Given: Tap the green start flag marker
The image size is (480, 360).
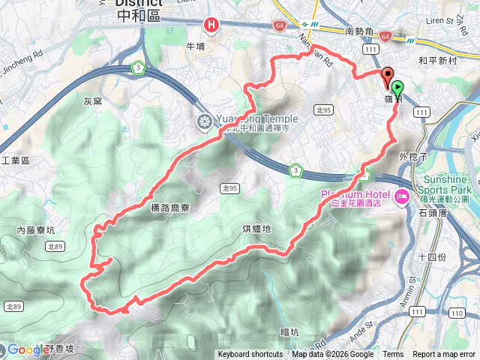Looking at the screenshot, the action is (x=397, y=88).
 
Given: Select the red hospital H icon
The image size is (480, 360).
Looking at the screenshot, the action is (x=212, y=25).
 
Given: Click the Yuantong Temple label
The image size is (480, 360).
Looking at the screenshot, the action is (x=256, y=118).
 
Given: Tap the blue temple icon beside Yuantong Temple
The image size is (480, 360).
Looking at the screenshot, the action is (x=204, y=121).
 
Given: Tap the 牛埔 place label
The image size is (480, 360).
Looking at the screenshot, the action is (x=195, y=46).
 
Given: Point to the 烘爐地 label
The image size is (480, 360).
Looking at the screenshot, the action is (x=256, y=228).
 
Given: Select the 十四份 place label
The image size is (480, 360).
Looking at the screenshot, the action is (x=431, y=256).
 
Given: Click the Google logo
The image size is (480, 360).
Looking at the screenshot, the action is (x=28, y=349).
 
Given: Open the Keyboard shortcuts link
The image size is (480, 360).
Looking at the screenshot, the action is (x=250, y=355).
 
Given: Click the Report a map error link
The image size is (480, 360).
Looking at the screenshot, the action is (x=443, y=355).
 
